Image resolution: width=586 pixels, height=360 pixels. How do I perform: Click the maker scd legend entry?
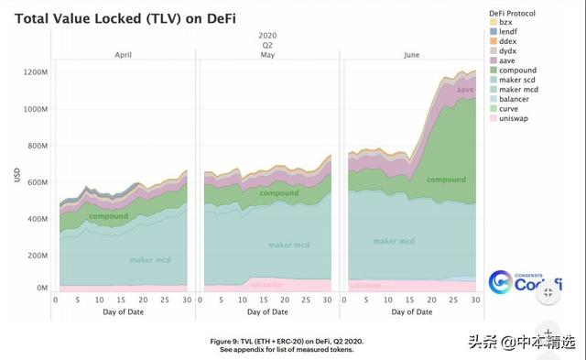(517, 80)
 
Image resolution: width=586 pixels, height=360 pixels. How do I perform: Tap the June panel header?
(413, 56)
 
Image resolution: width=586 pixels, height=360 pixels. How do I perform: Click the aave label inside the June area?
(465, 90)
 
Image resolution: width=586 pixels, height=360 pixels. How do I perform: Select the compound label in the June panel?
(447, 180)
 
